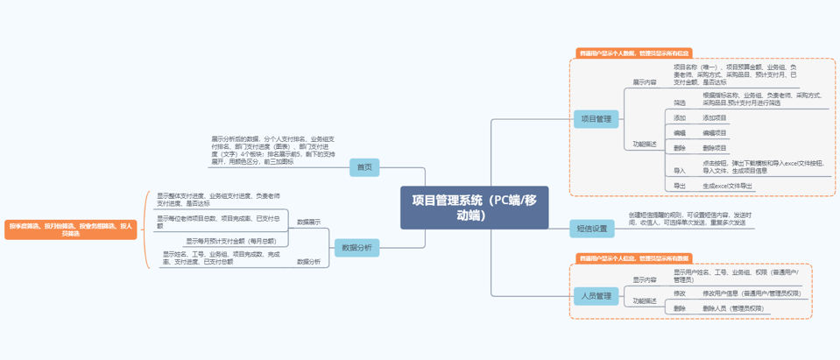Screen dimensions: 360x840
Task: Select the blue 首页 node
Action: coord(363,166)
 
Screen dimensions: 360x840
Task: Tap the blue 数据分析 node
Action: coord(356,248)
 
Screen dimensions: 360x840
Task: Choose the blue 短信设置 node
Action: coord(591,229)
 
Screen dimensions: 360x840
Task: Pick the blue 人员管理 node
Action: coord(596,295)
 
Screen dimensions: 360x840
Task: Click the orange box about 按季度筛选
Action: coord(70,229)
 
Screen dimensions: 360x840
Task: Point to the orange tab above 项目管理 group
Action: coord(633,53)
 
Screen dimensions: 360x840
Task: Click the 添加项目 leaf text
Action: coord(715,117)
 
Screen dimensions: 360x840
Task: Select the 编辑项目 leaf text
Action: coord(715,132)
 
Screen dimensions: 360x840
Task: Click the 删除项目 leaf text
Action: coord(715,148)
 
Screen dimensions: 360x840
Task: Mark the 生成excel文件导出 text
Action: coord(727,186)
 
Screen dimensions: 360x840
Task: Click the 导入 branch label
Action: coord(680,170)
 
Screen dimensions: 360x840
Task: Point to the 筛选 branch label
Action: coord(680,102)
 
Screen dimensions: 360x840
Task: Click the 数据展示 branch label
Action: coord(308,222)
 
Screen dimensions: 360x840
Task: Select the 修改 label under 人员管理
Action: coord(680,293)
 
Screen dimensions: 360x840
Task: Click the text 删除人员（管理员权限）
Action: coord(732,308)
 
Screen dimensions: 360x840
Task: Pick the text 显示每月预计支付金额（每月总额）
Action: coord(230,240)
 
